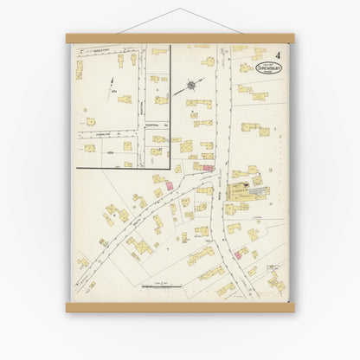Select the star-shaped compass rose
click(x=190, y=87)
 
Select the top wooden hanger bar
click(x=180, y=37)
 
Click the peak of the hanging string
click(x=180, y=10)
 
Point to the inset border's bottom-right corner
click(x=170, y=165)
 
